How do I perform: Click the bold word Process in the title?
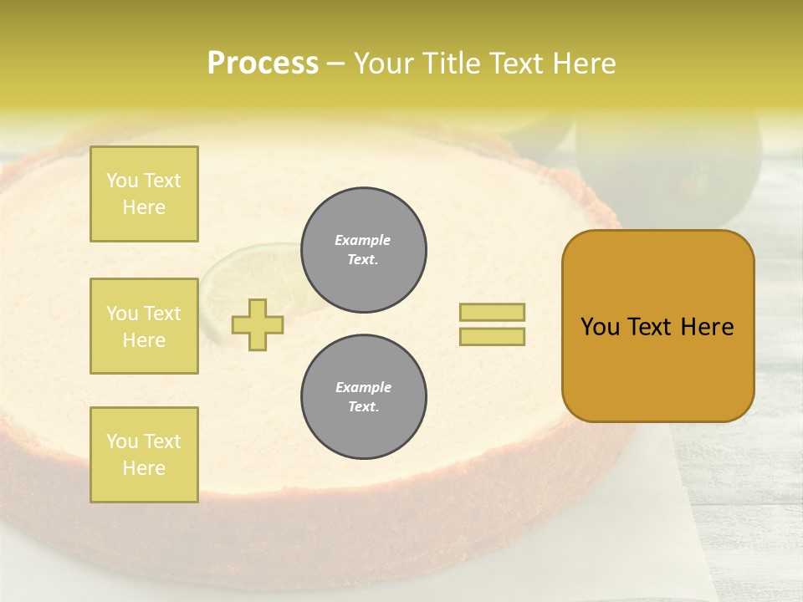click(x=263, y=64)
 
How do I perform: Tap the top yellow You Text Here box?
click(x=144, y=194)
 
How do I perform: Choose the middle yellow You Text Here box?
click(x=144, y=326)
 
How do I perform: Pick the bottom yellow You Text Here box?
click(x=144, y=455)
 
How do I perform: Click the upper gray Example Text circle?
click(x=363, y=250)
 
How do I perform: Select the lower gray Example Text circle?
click(x=363, y=397)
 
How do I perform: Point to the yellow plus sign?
click(x=258, y=324)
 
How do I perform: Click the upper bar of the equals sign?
click(x=492, y=312)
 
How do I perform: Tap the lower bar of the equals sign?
click(x=492, y=336)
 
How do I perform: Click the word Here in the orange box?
click(x=707, y=327)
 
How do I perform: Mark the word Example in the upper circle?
click(x=363, y=240)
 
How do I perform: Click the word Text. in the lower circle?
click(x=363, y=407)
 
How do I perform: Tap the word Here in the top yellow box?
click(x=144, y=207)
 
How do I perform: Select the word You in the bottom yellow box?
click(x=122, y=441)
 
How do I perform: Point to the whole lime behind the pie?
click(x=669, y=167)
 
